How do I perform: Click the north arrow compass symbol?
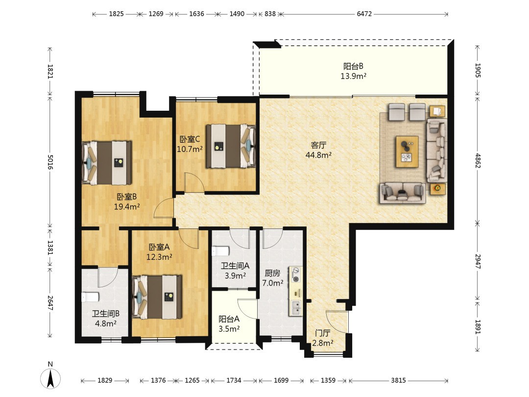click(50, 378)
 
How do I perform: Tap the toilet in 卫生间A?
click(220, 251)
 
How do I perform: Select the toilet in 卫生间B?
click(90, 297)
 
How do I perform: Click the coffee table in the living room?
click(407, 151)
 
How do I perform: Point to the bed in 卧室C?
click(231, 146)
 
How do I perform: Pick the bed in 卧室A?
click(157, 297)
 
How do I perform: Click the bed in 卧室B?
click(107, 163)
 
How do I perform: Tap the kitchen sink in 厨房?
click(295, 307)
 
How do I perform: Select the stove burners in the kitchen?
click(296, 275)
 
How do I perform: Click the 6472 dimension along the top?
click(364, 14)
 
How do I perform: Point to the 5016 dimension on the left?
click(50, 162)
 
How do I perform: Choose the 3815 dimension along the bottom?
click(398, 380)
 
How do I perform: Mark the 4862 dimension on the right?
click(478, 160)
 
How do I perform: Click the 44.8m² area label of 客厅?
click(318, 155)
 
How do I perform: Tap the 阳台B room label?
click(353, 66)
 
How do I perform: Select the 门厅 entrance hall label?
click(322, 333)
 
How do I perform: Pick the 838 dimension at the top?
click(270, 14)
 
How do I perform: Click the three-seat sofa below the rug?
click(403, 194)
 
